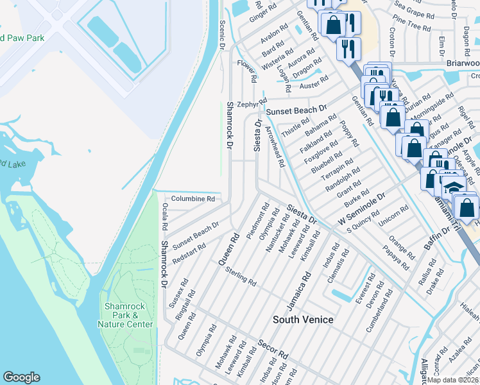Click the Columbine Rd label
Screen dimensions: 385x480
click(x=193, y=199)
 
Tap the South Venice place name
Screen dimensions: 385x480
click(x=303, y=319)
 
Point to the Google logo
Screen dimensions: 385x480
click(x=22, y=377)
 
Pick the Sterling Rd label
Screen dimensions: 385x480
click(x=241, y=277)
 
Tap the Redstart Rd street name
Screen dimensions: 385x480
click(x=189, y=255)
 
